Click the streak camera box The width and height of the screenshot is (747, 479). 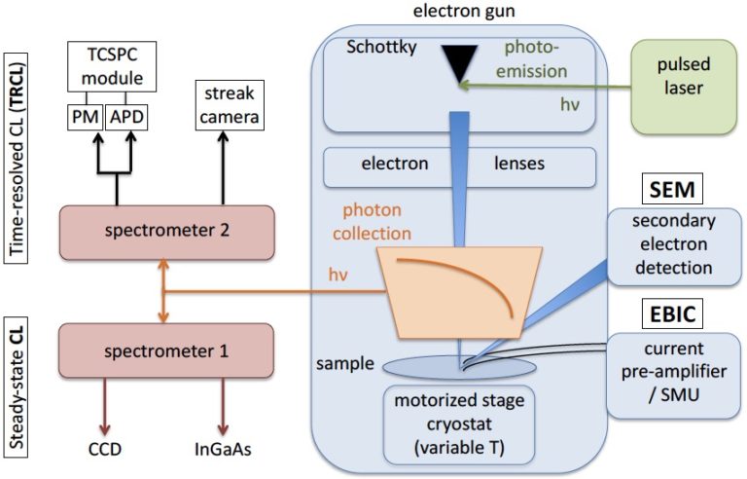point(231,105)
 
